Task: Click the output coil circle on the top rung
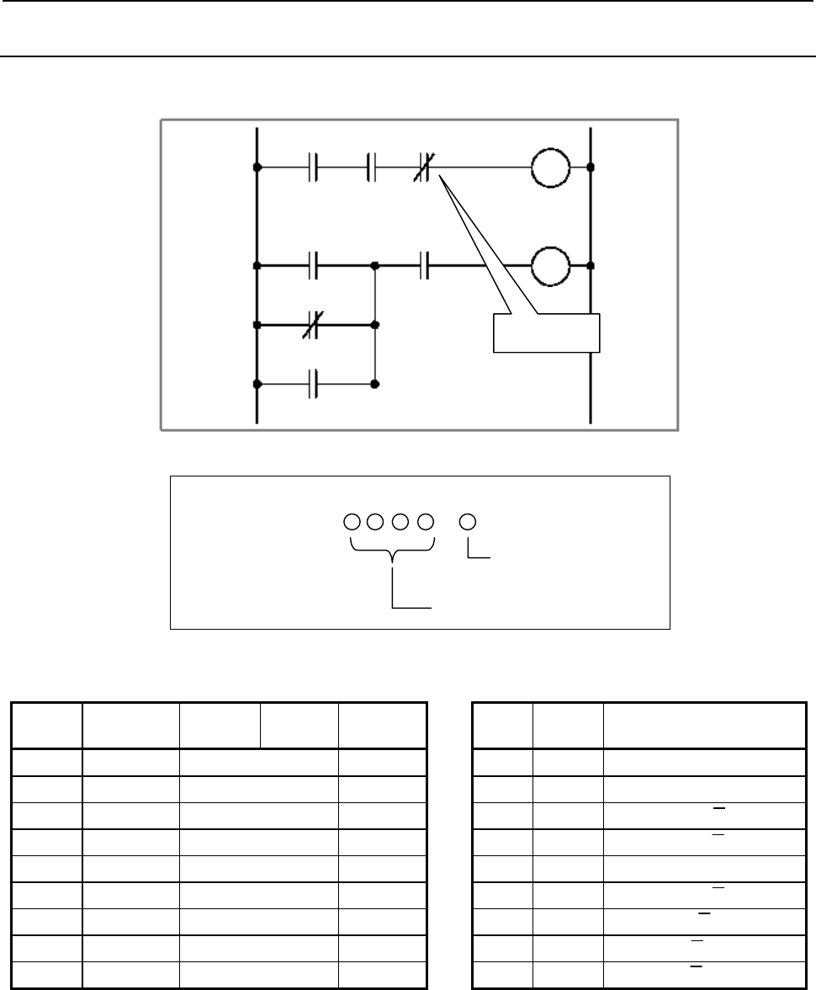point(550,168)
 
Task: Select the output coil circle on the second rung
point(550,266)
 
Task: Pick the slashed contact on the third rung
point(313,324)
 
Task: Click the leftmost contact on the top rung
point(313,168)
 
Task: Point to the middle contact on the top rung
point(371,168)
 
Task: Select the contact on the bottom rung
point(313,384)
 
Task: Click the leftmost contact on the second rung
point(313,266)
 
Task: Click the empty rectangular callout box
point(545,333)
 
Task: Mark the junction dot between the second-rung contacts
point(375,266)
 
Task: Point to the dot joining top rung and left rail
point(257,168)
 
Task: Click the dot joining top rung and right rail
point(591,168)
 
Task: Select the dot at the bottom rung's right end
point(375,384)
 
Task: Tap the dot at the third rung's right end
point(375,324)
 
